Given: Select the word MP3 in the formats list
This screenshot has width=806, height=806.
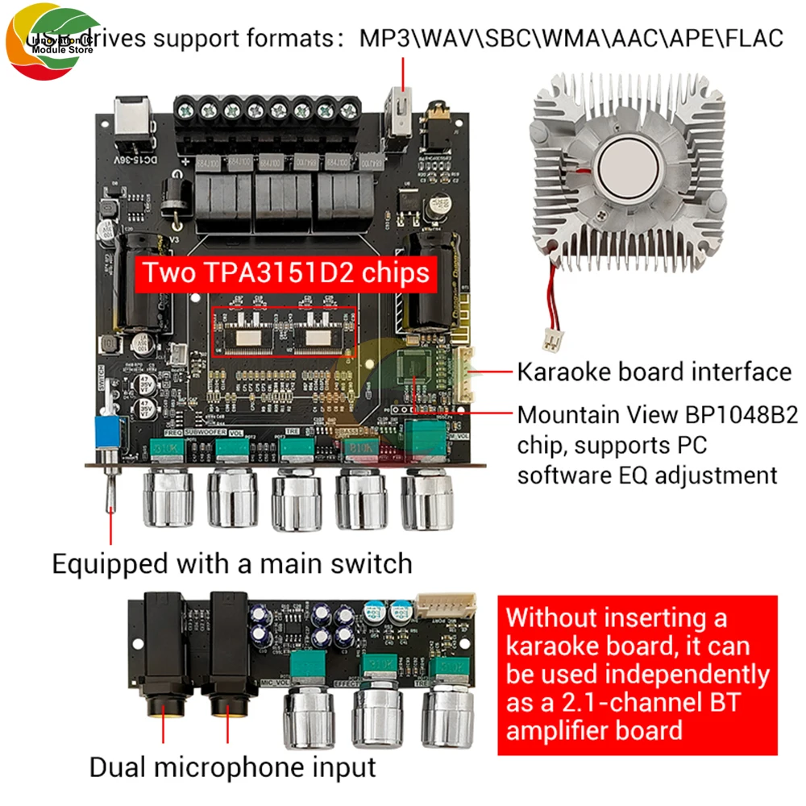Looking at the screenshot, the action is click(385, 39).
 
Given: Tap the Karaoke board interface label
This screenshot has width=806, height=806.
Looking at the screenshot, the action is click(654, 372).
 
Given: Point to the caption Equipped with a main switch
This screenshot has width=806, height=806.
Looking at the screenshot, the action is click(232, 563).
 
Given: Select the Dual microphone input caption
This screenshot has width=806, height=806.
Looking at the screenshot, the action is click(232, 767).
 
